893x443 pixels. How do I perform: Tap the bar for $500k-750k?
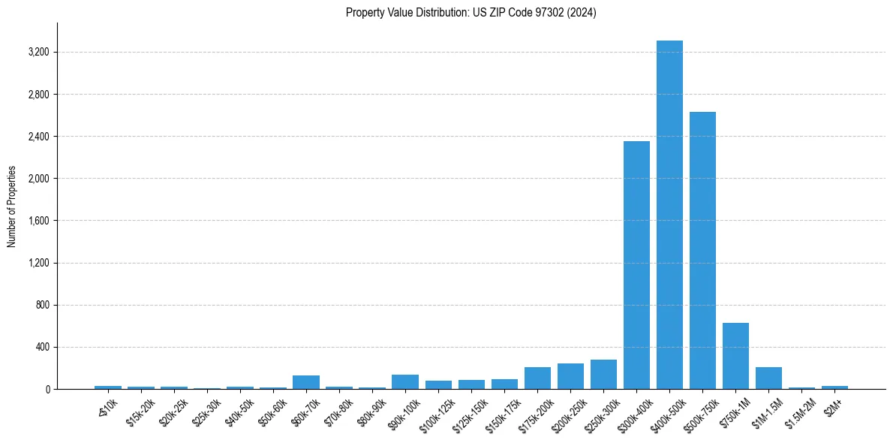(x=702, y=251)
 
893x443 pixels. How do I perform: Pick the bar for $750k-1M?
(x=735, y=356)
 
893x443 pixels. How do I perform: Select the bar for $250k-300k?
(x=603, y=375)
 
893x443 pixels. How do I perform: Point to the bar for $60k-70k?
(x=306, y=382)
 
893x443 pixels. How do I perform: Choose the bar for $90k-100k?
(x=405, y=382)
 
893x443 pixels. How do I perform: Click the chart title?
(x=471, y=13)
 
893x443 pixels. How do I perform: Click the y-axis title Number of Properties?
(x=12, y=206)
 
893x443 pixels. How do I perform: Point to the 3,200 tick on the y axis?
(x=38, y=53)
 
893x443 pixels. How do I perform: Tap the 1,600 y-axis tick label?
(x=38, y=221)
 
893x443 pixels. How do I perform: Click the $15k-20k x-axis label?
(x=140, y=412)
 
